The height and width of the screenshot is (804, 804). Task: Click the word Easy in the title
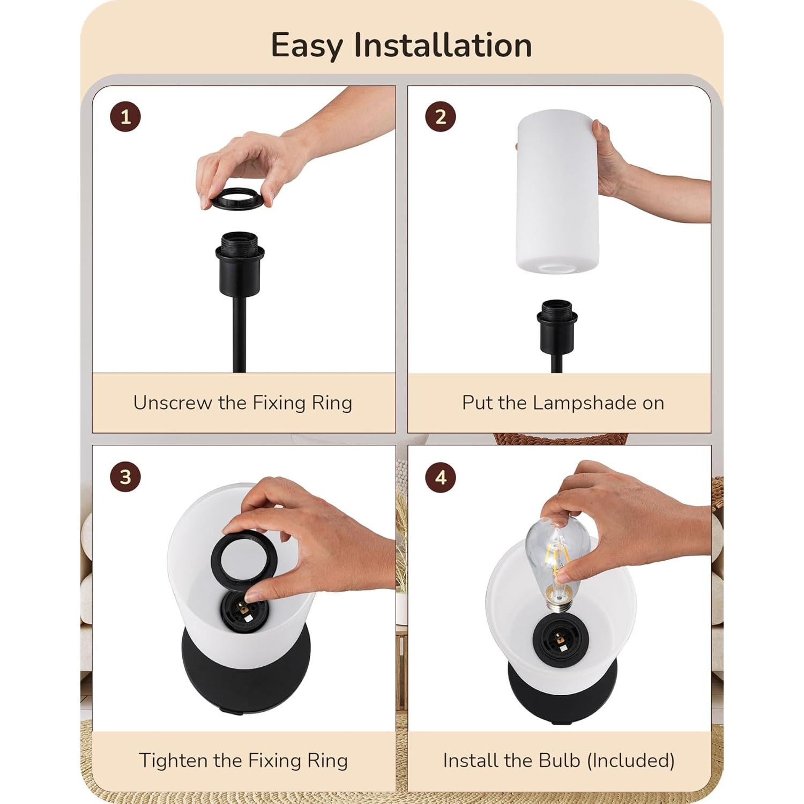click(x=306, y=46)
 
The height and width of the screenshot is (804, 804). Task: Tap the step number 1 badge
click(x=125, y=117)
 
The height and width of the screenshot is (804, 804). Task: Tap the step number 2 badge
click(x=441, y=117)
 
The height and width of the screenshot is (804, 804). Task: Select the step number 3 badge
click(x=125, y=477)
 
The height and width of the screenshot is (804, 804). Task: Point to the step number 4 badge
click(x=441, y=477)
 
